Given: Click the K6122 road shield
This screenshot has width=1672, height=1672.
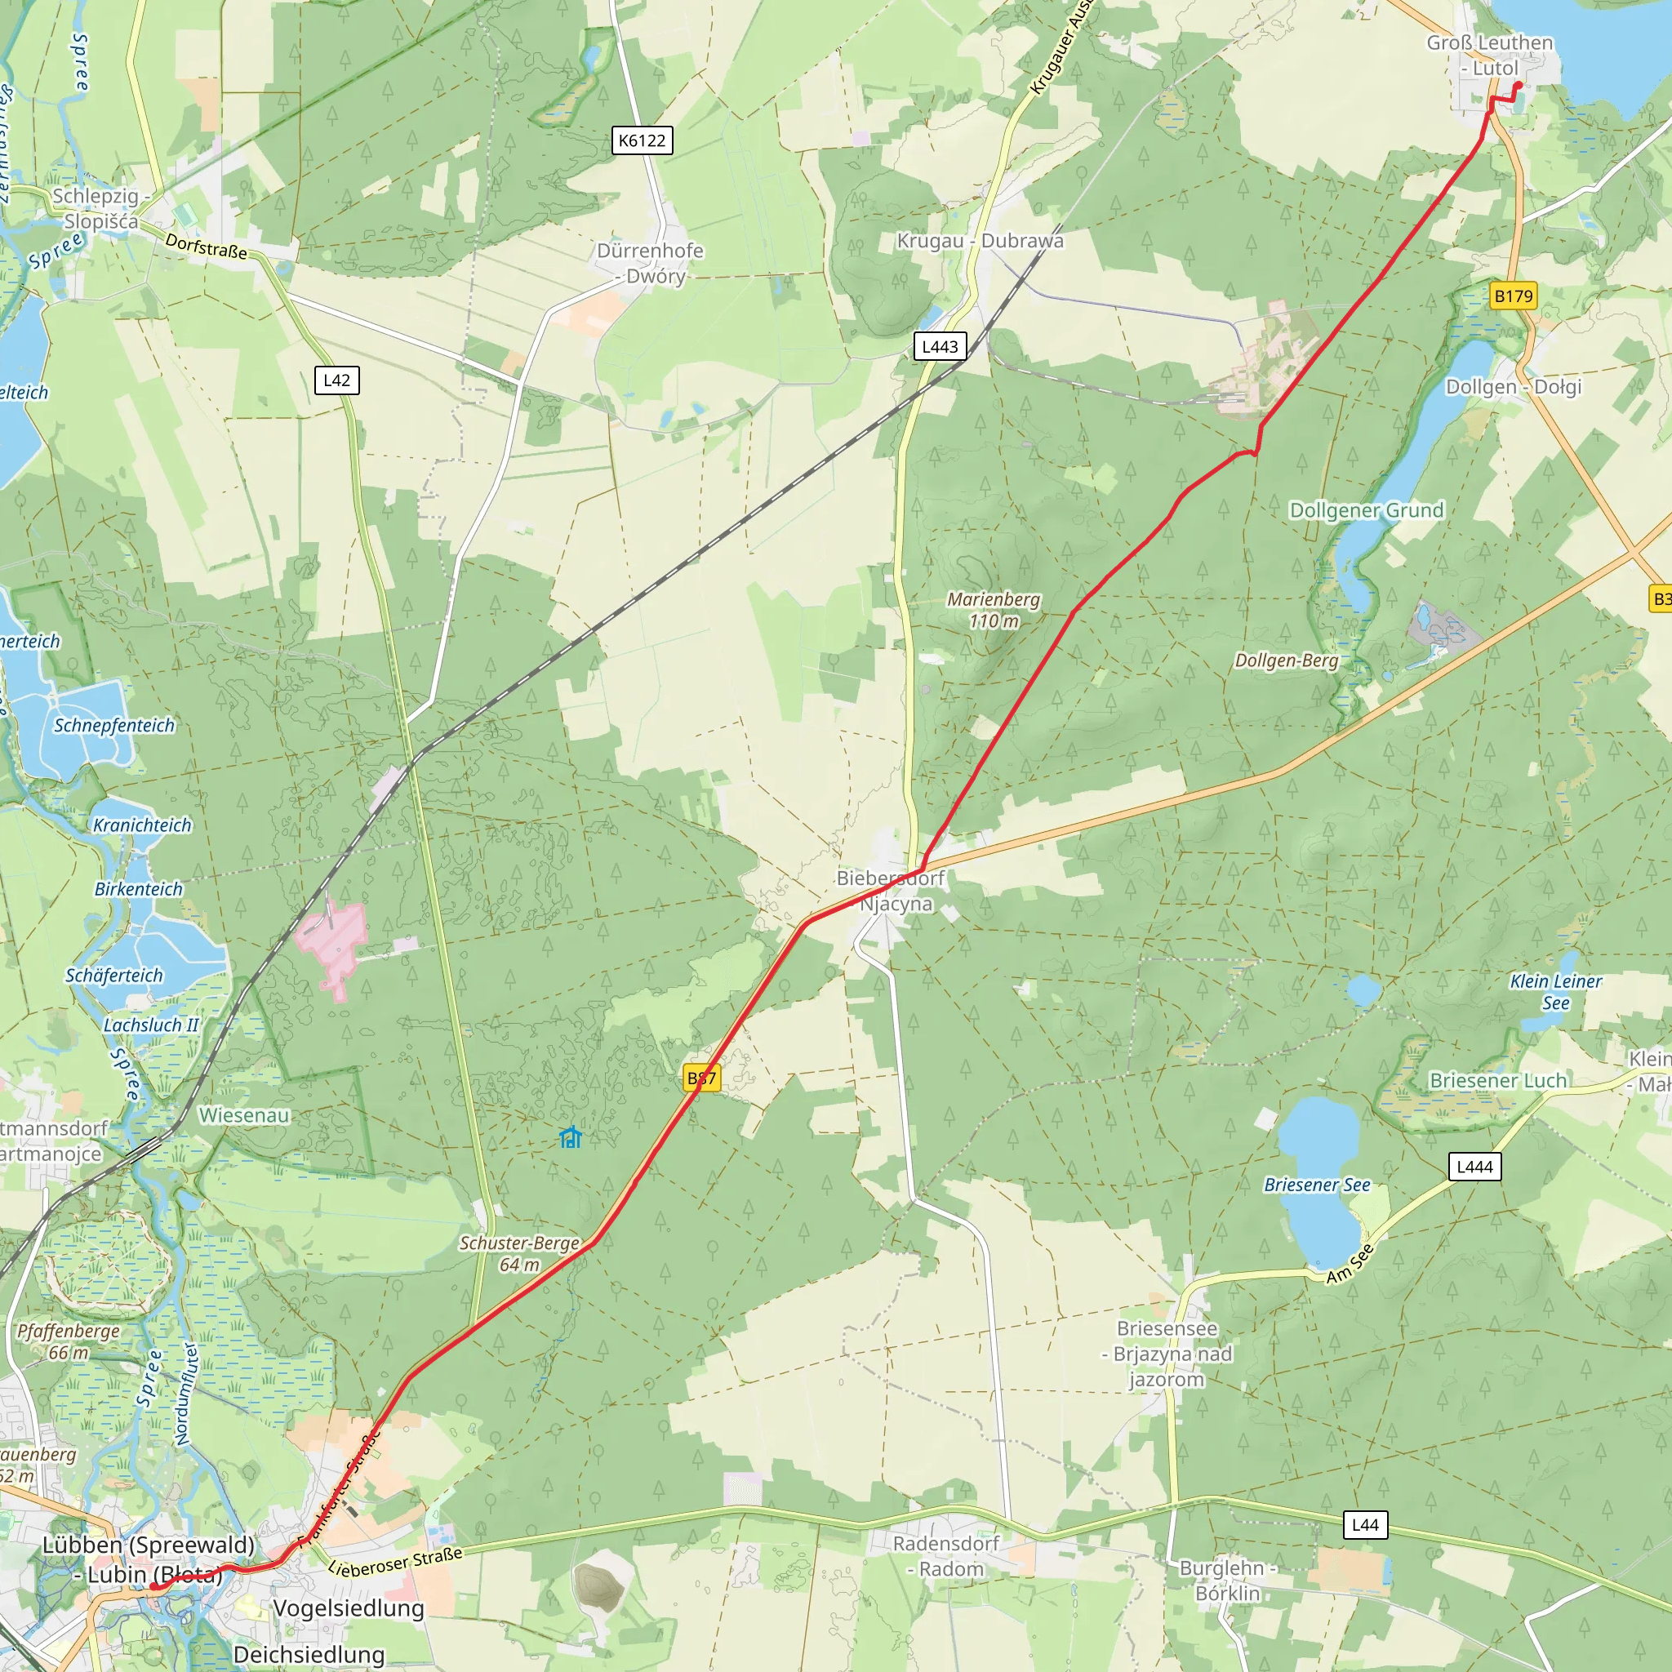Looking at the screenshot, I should pyautogui.click(x=641, y=140).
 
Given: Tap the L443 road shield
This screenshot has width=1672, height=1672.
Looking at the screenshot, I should pyautogui.click(x=940, y=347).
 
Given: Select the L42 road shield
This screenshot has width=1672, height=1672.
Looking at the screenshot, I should pyautogui.click(x=336, y=380).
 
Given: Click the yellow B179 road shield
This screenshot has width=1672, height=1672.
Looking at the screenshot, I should pyautogui.click(x=1514, y=296).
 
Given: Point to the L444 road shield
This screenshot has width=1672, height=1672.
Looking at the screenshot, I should pyautogui.click(x=1474, y=1167).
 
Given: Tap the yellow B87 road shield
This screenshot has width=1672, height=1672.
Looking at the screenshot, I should pyautogui.click(x=701, y=1078).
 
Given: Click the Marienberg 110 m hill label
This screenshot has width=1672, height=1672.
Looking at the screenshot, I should pyautogui.click(x=994, y=610).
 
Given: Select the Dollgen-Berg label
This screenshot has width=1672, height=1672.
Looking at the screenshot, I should pyautogui.click(x=1286, y=661).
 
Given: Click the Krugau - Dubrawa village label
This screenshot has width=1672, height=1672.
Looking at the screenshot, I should pyautogui.click(x=980, y=241).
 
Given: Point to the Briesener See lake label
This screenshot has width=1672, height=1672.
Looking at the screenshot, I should pyautogui.click(x=1317, y=1185).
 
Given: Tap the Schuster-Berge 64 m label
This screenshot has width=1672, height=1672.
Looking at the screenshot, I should pyautogui.click(x=519, y=1254).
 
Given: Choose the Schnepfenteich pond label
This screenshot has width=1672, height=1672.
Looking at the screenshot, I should pyautogui.click(x=114, y=725).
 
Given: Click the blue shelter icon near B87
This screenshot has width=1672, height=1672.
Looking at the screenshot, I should pyautogui.click(x=571, y=1137).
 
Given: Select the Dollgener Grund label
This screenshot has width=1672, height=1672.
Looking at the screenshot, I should pyautogui.click(x=1367, y=509).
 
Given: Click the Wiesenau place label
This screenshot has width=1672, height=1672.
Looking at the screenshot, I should pyautogui.click(x=244, y=1115).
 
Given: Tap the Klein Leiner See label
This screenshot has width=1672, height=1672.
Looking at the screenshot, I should pyautogui.click(x=1555, y=992).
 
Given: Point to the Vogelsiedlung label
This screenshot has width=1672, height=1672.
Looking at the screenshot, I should pyautogui.click(x=349, y=1608).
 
